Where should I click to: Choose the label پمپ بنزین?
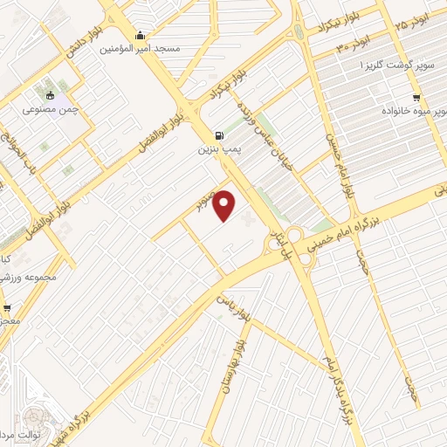coord(217,150)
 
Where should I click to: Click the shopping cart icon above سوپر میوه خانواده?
coord(417,98)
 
